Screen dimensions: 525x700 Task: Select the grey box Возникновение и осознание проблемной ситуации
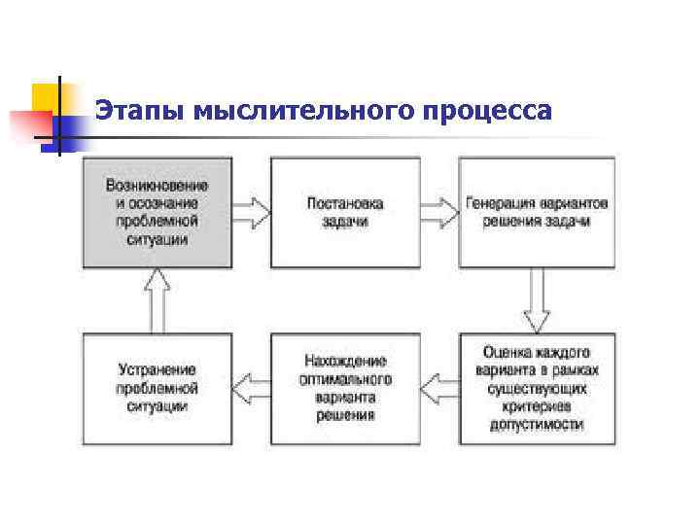(x=157, y=212)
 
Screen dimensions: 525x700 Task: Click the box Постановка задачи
(x=345, y=212)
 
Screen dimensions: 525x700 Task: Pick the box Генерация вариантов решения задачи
(x=537, y=212)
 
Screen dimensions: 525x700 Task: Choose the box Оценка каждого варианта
(x=537, y=388)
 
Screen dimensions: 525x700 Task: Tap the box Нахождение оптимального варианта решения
(x=345, y=388)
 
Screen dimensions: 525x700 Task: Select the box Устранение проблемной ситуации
(x=157, y=388)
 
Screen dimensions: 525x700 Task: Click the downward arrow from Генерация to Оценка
(x=537, y=300)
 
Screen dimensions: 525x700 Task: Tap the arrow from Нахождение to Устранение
(x=251, y=388)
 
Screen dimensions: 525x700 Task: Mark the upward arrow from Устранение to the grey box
(x=157, y=300)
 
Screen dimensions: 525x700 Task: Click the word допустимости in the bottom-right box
(x=537, y=425)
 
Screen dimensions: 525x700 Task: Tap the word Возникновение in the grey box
(x=157, y=185)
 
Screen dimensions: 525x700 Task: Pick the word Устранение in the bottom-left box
(x=157, y=369)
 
